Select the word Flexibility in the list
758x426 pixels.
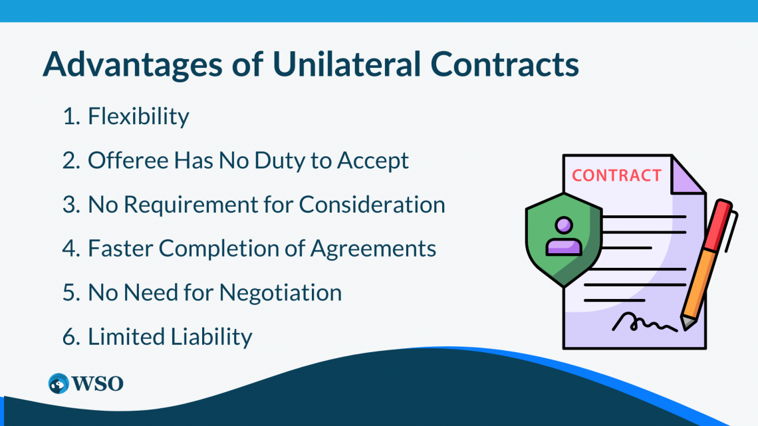click(x=138, y=117)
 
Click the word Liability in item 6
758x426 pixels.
click(x=213, y=336)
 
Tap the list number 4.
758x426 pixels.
click(x=70, y=249)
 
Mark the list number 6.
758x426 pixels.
click(x=70, y=336)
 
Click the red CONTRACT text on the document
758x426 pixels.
click(x=616, y=175)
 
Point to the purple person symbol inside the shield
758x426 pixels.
click(x=563, y=236)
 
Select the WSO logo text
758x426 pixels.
click(x=97, y=383)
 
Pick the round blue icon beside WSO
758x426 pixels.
click(x=59, y=383)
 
